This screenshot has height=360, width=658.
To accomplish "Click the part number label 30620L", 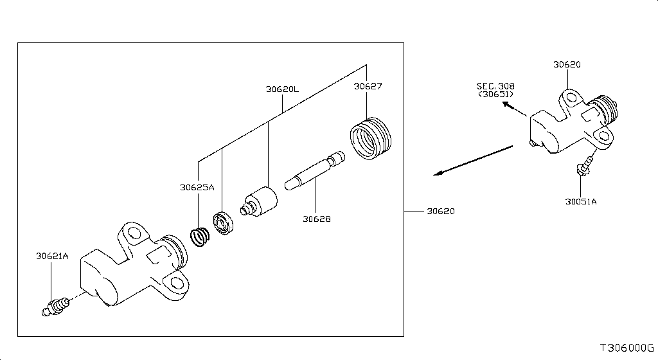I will pyautogui.click(x=282, y=89).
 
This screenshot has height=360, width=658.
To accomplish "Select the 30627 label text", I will pyautogui.click(x=369, y=85).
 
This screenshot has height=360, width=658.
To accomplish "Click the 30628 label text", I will pyautogui.click(x=317, y=219).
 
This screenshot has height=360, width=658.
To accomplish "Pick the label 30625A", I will pyautogui.click(x=197, y=188).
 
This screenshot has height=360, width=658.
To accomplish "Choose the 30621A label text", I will pyautogui.click(x=52, y=256).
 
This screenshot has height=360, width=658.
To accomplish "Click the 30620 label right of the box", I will pyautogui.click(x=441, y=211).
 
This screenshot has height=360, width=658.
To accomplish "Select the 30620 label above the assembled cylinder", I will pyautogui.click(x=567, y=64).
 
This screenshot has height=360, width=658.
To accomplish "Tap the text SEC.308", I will pyautogui.click(x=495, y=85).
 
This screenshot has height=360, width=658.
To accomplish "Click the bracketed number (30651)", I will pyautogui.click(x=495, y=94).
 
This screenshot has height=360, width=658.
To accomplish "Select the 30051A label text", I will pyautogui.click(x=581, y=201).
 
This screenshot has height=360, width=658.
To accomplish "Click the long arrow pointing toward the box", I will pyautogui.click(x=472, y=160).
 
